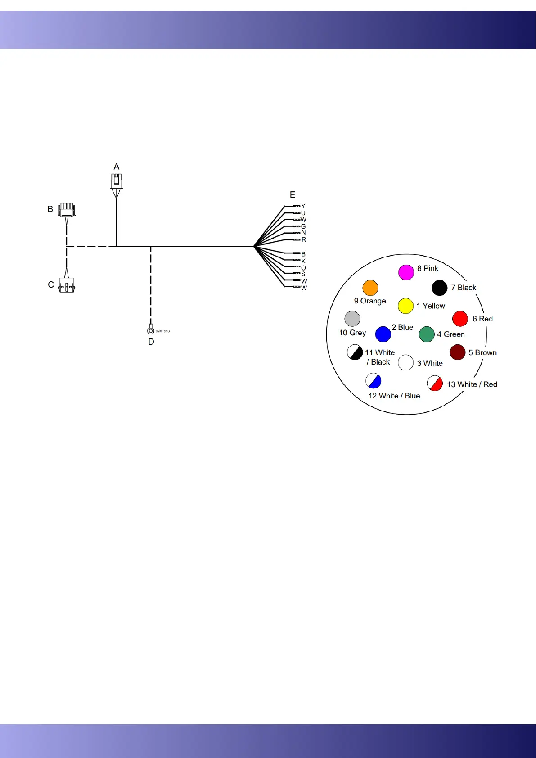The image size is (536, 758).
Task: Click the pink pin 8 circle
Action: pyautogui.click(x=406, y=272)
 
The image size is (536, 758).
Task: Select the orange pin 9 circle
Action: pyautogui.click(x=370, y=288)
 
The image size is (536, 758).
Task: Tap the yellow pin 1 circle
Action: pyautogui.click(x=405, y=306)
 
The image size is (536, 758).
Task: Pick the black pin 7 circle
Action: pyautogui.click(x=439, y=288)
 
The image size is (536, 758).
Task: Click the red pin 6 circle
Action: pyautogui.click(x=460, y=319)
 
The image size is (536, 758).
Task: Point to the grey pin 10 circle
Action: pyautogui.click(x=352, y=319)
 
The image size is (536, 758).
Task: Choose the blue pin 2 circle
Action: pyautogui.click(x=383, y=334)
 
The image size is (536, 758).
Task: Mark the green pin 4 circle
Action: pyautogui.click(x=427, y=334)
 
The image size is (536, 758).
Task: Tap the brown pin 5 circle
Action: pyautogui.click(x=457, y=352)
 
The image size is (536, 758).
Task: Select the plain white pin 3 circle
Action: pyautogui.click(x=405, y=362)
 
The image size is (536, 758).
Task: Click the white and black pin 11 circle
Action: pyautogui.click(x=355, y=352)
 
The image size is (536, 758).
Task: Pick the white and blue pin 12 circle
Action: pyautogui.click(x=374, y=381)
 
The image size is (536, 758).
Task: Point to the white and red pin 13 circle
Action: pyautogui.click(x=435, y=383)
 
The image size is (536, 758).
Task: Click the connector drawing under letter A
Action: pyautogui.click(x=117, y=181)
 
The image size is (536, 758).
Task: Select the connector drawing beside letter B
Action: pyautogui.click(x=67, y=210)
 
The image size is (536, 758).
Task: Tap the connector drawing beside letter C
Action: pyautogui.click(x=67, y=285)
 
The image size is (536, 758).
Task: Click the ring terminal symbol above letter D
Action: pyautogui.click(x=151, y=331)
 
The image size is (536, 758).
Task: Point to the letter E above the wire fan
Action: pyautogui.click(x=293, y=194)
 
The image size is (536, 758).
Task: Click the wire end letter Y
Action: pyautogui.click(x=303, y=206)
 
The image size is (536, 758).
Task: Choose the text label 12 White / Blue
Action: pyautogui.click(x=394, y=396)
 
